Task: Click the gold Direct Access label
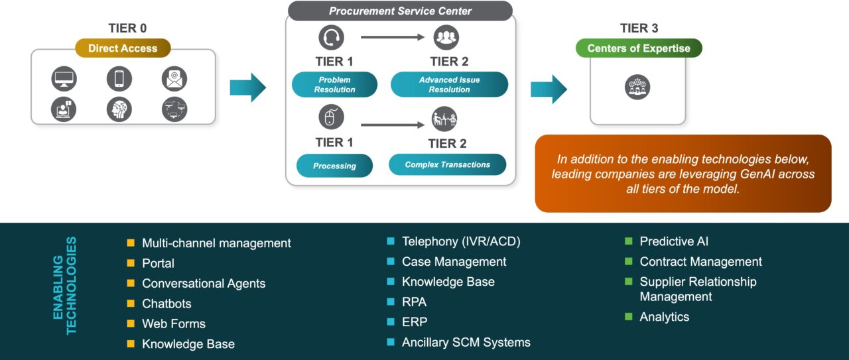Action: pyautogui.click(x=123, y=48)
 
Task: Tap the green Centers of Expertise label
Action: pyautogui.click(x=639, y=48)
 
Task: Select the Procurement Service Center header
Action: pyautogui.click(x=400, y=11)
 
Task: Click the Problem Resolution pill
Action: pyautogui.click(x=334, y=85)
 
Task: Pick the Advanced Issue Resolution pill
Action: pyautogui.click(x=449, y=85)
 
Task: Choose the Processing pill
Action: pyautogui.click(x=334, y=166)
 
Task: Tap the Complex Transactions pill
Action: pyautogui.click(x=447, y=164)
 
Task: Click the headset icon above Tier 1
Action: pyautogui.click(x=332, y=38)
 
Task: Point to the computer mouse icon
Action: pyautogui.click(x=332, y=118)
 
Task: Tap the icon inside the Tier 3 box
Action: pyautogui.click(x=637, y=87)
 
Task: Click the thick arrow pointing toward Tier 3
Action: pyautogui.click(x=549, y=89)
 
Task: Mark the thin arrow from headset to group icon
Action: pyautogui.click(x=393, y=38)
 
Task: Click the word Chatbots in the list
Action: pyautogui.click(x=166, y=304)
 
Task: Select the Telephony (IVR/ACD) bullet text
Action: pyautogui.click(x=461, y=242)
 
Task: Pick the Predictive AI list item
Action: pyautogui.click(x=674, y=242)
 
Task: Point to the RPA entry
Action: pyautogui.click(x=414, y=302)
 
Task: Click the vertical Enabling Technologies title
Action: pyautogui.click(x=64, y=286)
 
